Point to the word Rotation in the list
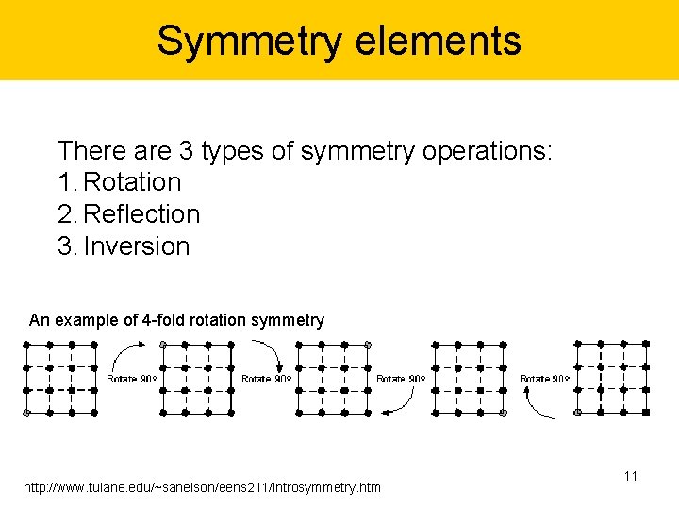[132, 181]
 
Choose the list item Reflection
[141, 214]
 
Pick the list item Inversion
[136, 246]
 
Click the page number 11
[630, 476]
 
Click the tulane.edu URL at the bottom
[203, 487]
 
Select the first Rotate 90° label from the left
[131, 379]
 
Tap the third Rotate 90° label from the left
[401, 379]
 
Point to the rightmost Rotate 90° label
[544, 379]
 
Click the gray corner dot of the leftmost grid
[26, 413]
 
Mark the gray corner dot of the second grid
[163, 345]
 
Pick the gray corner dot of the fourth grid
[503, 413]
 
